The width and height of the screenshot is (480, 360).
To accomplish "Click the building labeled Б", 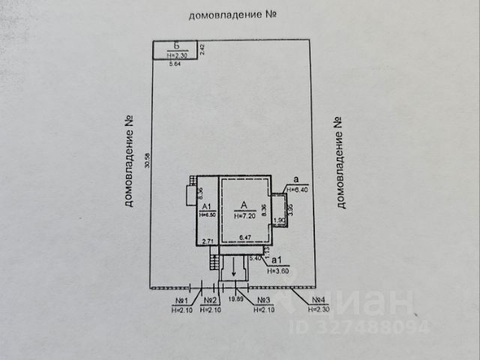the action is (x=176, y=49).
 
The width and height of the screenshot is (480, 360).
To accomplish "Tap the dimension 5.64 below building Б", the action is (x=175, y=64).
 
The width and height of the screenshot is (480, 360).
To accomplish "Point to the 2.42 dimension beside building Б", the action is (x=202, y=49).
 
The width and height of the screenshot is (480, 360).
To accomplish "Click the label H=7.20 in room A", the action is (x=246, y=215).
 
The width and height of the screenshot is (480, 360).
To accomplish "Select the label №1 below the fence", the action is (x=181, y=301).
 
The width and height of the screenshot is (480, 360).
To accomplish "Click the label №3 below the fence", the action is (x=263, y=301).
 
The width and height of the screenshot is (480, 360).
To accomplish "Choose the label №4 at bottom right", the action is (x=322, y=301).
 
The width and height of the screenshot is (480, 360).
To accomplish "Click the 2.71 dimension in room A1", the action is (x=208, y=240).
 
